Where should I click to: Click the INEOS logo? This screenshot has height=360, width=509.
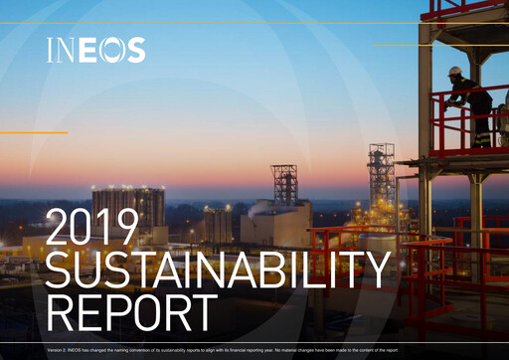click(x=95, y=51)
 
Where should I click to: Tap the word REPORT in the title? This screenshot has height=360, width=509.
click(x=131, y=312)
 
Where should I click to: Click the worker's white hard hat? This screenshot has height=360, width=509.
click(x=455, y=72)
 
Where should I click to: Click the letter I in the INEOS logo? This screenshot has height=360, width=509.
click(x=51, y=51)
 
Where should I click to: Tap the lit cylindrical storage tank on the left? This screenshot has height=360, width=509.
click(x=128, y=209)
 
